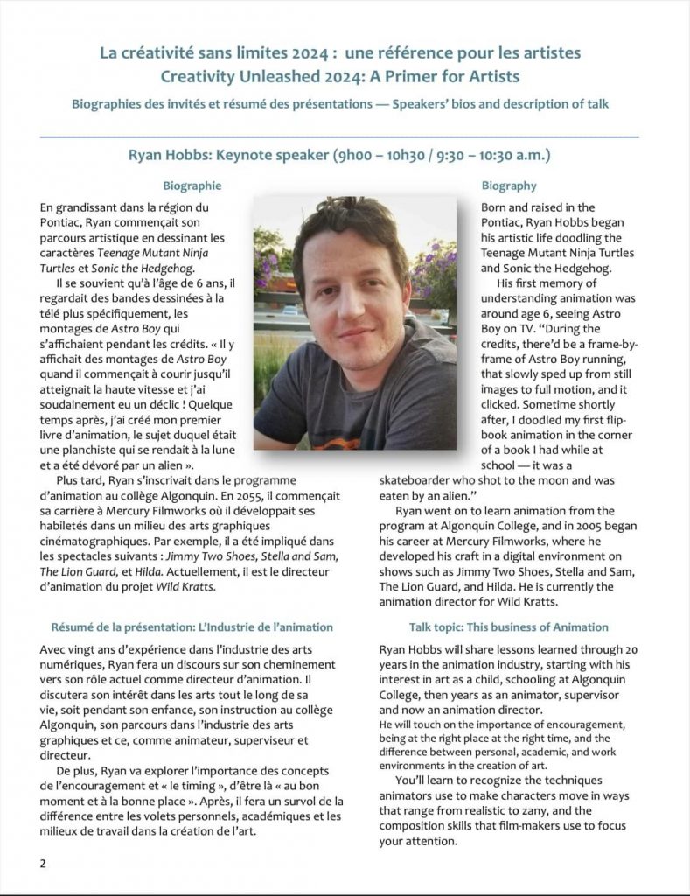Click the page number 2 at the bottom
tap(43, 863)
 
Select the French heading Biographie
tap(192, 185)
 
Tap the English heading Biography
tap(509, 185)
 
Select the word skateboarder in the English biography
tap(415, 480)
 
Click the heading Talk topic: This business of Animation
tap(509, 627)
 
